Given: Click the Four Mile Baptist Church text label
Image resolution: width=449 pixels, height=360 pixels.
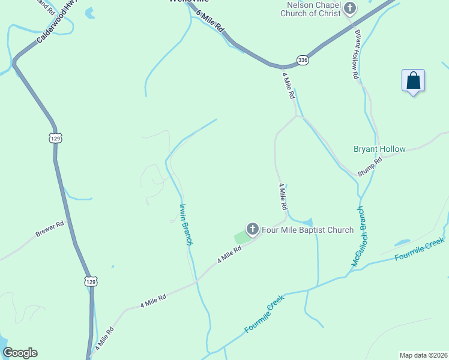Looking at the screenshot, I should [x=308, y=230].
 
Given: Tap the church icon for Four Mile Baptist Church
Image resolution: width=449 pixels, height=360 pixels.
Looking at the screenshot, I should [x=253, y=229].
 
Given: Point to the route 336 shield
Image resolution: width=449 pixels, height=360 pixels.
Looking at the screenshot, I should [x=303, y=61].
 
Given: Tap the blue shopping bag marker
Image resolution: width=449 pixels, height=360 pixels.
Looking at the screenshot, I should [x=413, y=81].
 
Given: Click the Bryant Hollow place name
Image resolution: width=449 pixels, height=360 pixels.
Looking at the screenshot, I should [x=379, y=149].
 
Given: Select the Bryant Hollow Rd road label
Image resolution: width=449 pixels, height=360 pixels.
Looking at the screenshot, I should [x=356, y=55].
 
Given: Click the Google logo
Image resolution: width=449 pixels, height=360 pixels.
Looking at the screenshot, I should [x=20, y=353].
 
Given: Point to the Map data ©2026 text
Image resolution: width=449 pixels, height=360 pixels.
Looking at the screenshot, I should [x=423, y=355].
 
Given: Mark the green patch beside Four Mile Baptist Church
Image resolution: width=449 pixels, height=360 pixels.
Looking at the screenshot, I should [x=241, y=238].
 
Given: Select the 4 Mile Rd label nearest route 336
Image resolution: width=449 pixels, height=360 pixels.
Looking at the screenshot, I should [x=289, y=86].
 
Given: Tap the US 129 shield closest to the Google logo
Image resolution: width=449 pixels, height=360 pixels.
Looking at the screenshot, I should [x=90, y=281].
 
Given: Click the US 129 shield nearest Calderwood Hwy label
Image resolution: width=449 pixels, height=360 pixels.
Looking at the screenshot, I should [x=55, y=137].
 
